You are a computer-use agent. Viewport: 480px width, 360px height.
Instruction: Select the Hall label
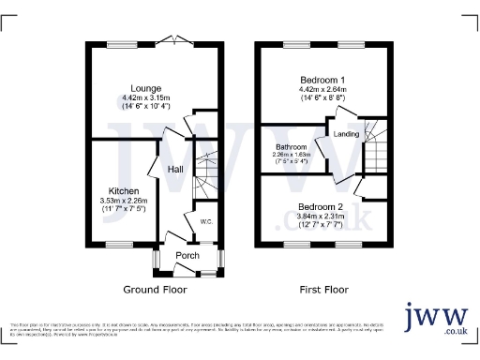pos(175,169)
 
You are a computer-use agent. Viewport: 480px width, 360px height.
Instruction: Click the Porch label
pos(187,255)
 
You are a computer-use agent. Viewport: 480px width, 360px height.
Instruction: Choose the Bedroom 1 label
pos(321,79)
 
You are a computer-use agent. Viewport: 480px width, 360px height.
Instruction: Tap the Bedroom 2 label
pos(321,206)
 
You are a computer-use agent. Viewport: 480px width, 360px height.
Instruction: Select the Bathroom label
pos(291,147)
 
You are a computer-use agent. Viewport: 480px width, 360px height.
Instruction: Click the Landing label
pos(346,134)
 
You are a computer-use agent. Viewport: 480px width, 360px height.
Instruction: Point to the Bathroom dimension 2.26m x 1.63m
pos(291,155)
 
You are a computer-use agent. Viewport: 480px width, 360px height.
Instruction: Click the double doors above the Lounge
pos(172,39)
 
